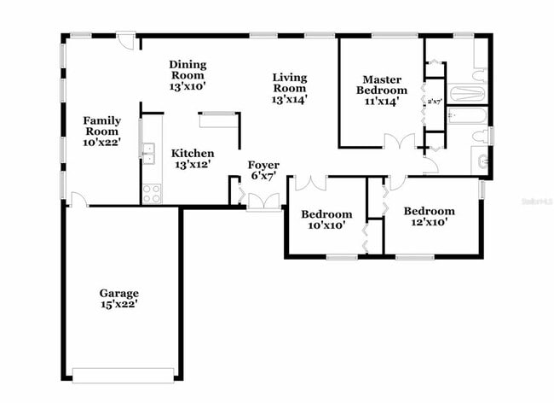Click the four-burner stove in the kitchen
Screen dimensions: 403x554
152,194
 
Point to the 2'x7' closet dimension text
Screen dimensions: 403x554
435,102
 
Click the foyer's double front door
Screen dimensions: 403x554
264,201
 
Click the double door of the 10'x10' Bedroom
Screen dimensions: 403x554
309,182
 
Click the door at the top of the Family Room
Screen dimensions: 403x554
126,40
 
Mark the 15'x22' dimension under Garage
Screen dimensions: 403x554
118,304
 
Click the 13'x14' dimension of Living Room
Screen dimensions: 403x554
289,99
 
